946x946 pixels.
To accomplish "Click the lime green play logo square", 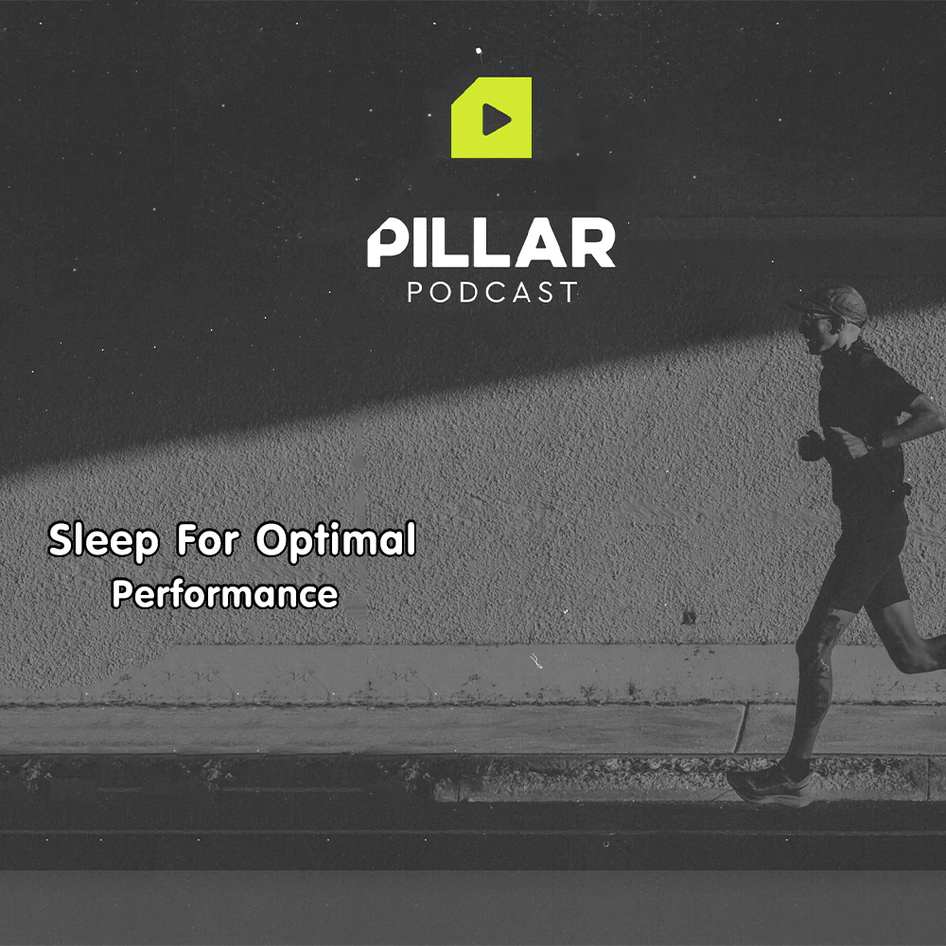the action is coord(491,117).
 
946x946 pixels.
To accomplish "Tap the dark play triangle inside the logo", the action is coord(496,119).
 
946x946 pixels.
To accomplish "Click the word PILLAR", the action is coord(491,242).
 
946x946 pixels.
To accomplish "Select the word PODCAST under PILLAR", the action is coord(492,292).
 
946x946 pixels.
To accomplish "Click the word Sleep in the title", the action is coord(103,541).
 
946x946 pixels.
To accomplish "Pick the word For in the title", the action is coord(207,539).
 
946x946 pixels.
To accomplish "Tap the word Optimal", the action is coord(336,540).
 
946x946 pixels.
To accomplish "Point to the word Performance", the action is coord(225,594).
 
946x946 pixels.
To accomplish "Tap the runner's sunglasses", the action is coord(812,319).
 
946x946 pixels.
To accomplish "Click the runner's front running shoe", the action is coord(770,783).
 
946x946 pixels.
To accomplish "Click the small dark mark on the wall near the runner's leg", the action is coord(689,617).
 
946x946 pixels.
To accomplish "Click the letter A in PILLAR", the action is coord(540,243).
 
